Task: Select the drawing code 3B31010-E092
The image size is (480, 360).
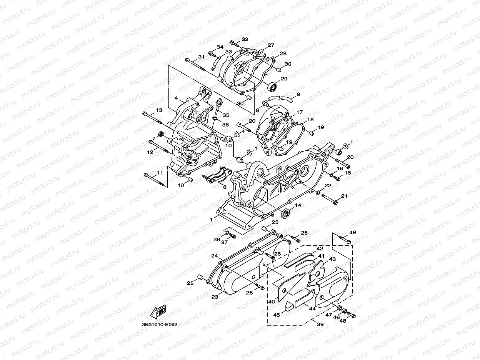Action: click(x=159, y=325)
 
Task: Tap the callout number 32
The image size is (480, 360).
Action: click(x=245, y=39)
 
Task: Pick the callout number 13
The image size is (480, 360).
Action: click(x=159, y=110)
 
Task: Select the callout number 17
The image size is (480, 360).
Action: click(x=300, y=112)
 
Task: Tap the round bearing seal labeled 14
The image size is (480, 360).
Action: click(x=286, y=213)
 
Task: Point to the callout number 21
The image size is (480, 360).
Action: click(x=344, y=196)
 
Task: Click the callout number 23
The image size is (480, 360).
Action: click(x=215, y=297)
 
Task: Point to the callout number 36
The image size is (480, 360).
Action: click(x=225, y=125)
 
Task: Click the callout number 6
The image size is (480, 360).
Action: click(x=224, y=187)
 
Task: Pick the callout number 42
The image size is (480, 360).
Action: click(x=320, y=249)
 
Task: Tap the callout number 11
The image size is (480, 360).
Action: click(x=160, y=173)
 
